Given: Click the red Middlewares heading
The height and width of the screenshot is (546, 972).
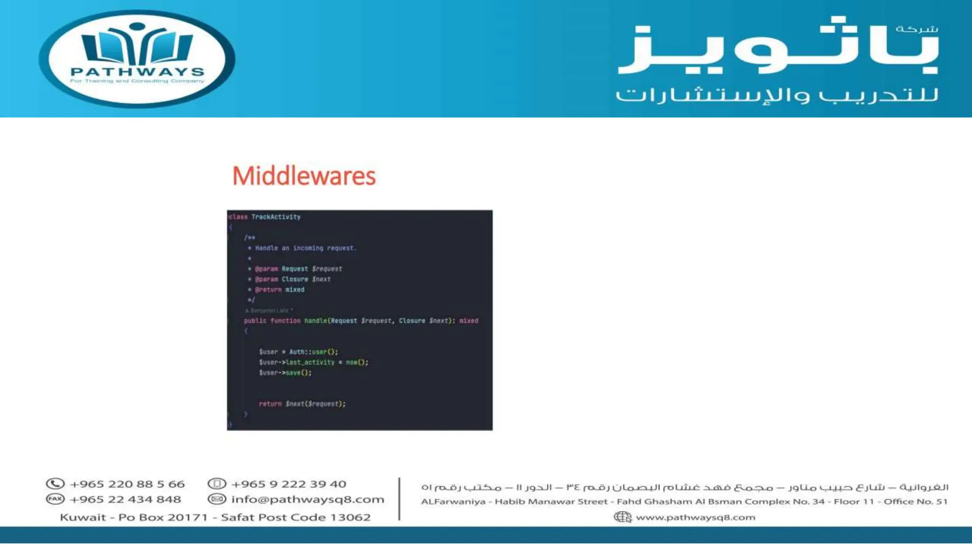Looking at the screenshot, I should [304, 176].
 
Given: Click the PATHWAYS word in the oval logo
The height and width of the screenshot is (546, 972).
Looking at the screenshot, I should [137, 72].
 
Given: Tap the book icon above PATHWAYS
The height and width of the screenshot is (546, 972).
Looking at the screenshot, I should [137, 45].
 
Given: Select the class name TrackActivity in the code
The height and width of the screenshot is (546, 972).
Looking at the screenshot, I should [276, 217].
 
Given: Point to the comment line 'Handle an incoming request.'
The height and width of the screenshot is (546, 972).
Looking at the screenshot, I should [306, 248].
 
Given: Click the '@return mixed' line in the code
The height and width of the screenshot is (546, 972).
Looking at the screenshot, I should [280, 290].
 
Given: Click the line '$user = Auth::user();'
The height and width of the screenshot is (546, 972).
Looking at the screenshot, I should [299, 352].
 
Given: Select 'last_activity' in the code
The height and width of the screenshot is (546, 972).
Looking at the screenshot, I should [310, 362].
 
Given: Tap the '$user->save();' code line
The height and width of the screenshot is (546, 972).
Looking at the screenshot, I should [285, 373].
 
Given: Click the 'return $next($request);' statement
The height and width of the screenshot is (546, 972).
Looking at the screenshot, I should [302, 404].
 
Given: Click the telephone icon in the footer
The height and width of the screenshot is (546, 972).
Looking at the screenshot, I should [55, 484].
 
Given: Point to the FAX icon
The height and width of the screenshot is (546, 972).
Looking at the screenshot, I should [55, 499].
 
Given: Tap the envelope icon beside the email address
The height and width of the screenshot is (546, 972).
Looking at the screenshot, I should [217, 499].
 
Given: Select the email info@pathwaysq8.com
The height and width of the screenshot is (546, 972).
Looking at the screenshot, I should [308, 499].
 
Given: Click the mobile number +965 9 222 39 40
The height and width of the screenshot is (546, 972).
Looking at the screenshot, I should [289, 484].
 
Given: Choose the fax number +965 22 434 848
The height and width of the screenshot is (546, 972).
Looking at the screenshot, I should [125, 499].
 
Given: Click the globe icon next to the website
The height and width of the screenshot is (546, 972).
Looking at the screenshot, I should [622, 517].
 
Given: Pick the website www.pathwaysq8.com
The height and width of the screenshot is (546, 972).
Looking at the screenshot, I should [695, 517].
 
